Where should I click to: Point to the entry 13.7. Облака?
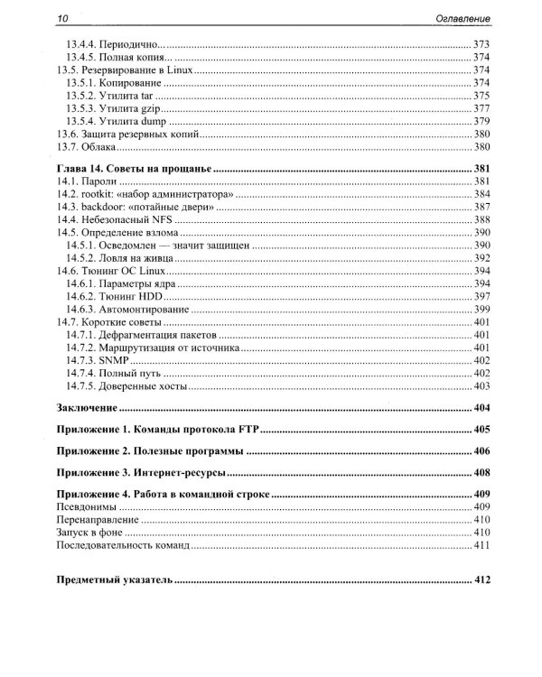point(82,146)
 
